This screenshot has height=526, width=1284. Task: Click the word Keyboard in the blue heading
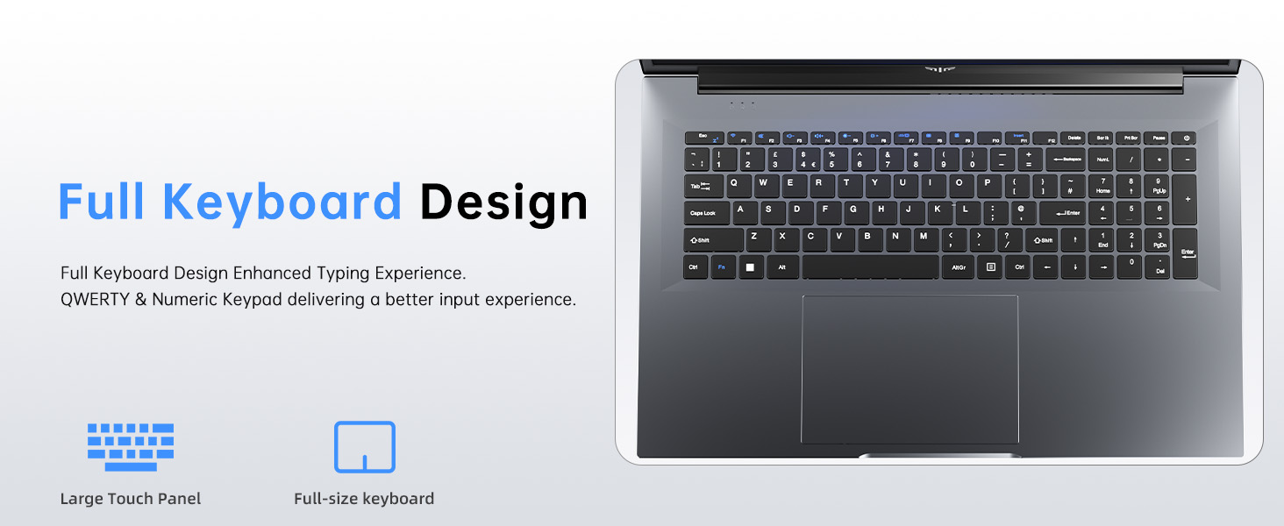(x=282, y=202)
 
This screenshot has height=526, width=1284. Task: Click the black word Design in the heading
(x=503, y=202)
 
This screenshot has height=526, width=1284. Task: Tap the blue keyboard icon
(x=131, y=447)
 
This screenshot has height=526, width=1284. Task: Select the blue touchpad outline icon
(x=365, y=447)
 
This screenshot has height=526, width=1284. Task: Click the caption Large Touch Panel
(x=131, y=499)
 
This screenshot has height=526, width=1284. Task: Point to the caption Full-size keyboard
(x=364, y=499)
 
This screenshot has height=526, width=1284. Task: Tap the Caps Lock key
(x=705, y=213)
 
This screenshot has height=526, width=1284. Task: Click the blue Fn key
(x=722, y=267)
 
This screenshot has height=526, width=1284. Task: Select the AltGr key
(x=958, y=267)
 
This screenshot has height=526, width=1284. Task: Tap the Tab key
(x=703, y=187)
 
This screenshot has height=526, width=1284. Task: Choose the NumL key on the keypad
(x=1102, y=160)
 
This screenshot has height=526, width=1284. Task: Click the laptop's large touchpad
(x=909, y=368)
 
